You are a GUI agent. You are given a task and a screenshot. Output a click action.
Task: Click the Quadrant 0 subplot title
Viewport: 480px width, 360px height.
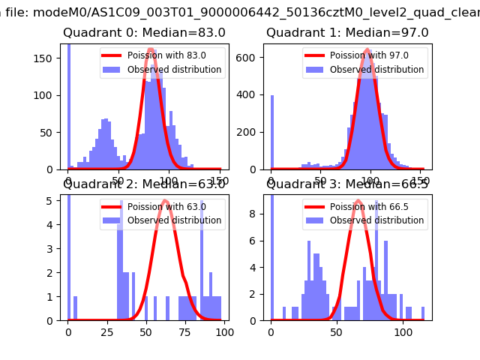coord(144,33)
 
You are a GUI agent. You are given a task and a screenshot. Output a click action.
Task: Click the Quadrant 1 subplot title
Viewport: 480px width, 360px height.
coord(347,33)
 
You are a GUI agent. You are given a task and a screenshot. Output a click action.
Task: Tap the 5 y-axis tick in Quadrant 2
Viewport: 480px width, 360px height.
coord(54,200)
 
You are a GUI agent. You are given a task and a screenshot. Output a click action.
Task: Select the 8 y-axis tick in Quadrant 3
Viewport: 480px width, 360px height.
coord(256,213)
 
